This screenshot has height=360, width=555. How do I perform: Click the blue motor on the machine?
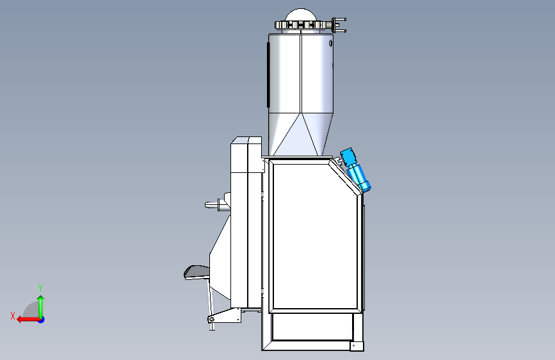355,170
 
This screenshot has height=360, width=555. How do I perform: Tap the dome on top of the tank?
300,15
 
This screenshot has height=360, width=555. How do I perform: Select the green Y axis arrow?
41,307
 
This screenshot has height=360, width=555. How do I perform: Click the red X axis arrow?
28,320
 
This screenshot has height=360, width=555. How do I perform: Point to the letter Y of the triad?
40,288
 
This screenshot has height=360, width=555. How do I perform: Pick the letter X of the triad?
13,316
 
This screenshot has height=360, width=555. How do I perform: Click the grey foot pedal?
197,272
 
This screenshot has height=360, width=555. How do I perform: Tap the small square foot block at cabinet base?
357,346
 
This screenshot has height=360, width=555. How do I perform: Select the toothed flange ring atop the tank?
303,25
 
